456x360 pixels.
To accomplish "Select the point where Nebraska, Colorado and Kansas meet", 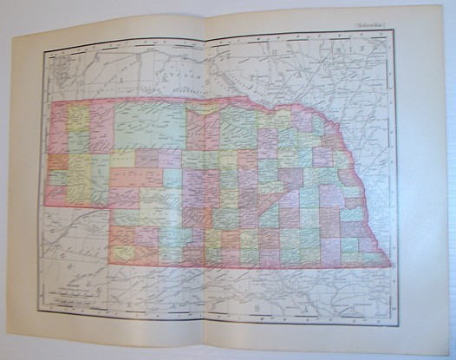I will coord(108,261).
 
